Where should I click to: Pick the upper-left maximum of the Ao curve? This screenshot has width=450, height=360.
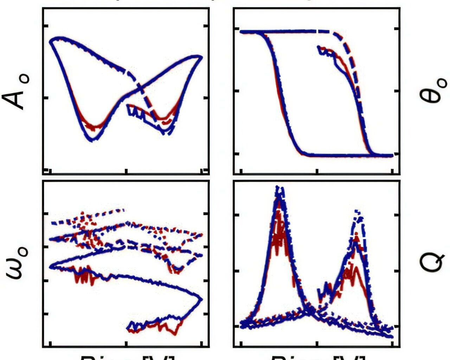(x=58, y=38)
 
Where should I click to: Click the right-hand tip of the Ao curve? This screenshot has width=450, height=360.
(x=201, y=56)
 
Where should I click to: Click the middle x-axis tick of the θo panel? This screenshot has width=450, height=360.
(x=317, y=172)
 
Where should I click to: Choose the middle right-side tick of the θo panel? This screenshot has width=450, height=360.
(x=398, y=91)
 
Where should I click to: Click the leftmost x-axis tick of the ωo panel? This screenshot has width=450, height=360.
(x=51, y=344)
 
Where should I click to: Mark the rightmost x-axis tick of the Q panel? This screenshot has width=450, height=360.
(x=392, y=344)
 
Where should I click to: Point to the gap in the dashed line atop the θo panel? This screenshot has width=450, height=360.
(x=317, y=32)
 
